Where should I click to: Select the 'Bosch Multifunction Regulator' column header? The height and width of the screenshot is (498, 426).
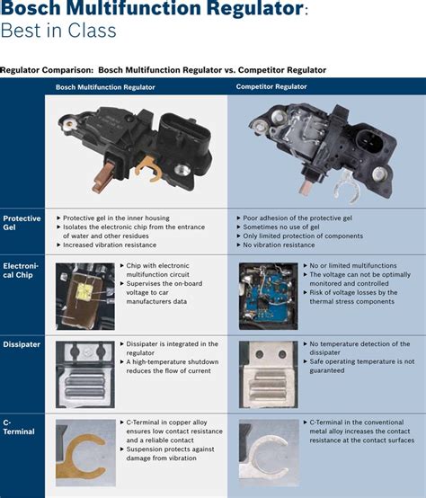105,87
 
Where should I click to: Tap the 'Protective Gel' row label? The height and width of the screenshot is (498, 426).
22,223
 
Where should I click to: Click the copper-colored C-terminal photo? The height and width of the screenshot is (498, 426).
84,450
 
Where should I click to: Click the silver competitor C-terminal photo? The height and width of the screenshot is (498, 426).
268,450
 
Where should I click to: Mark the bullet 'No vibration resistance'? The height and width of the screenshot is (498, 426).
280,245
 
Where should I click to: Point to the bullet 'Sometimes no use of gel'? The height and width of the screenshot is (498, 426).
282,227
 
